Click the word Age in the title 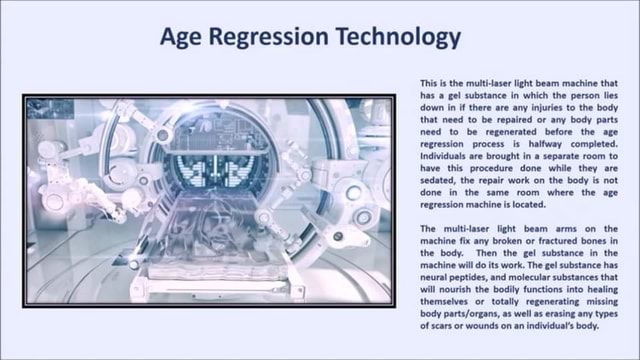(x=185, y=37)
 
